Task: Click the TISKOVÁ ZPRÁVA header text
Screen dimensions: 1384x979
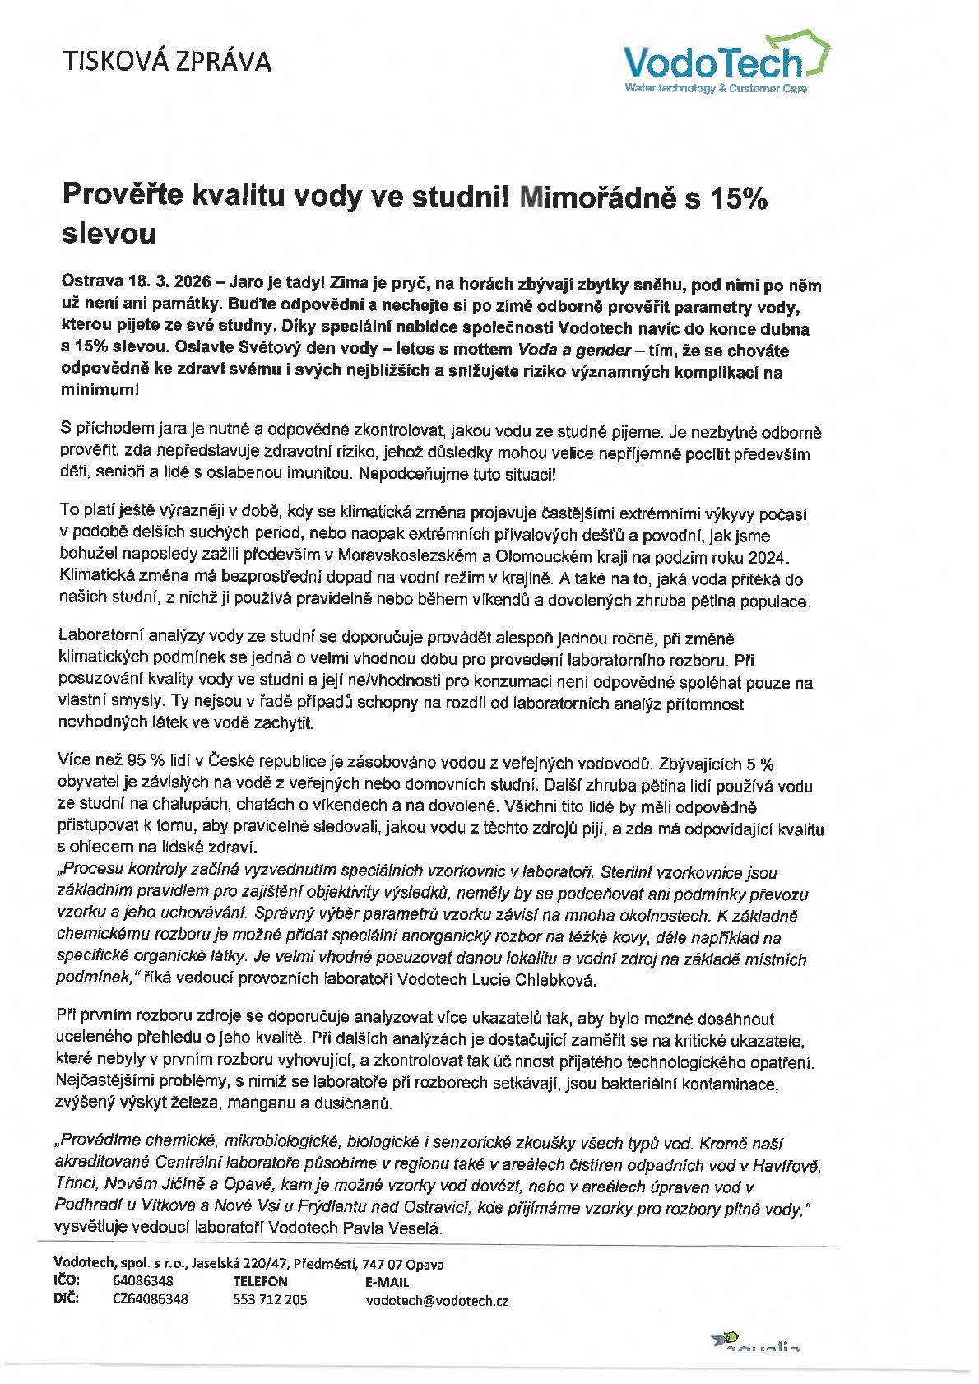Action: (167, 61)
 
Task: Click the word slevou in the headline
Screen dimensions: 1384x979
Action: (109, 234)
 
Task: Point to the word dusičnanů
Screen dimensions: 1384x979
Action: (363, 1103)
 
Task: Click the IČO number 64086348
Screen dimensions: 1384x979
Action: (143, 1281)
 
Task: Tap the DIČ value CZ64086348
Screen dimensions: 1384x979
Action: (151, 1299)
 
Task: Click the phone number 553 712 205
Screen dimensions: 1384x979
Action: (270, 1299)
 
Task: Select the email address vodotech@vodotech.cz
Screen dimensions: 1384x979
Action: (437, 1300)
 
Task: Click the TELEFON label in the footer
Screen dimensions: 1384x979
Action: (260, 1281)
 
